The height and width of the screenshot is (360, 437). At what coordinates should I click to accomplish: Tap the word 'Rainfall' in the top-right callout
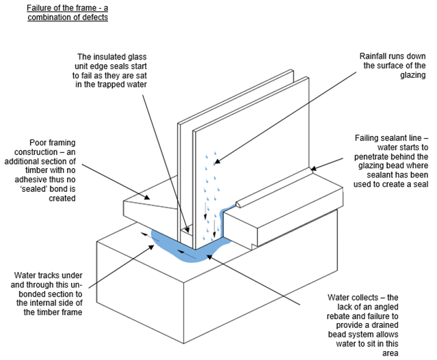(373, 55)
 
